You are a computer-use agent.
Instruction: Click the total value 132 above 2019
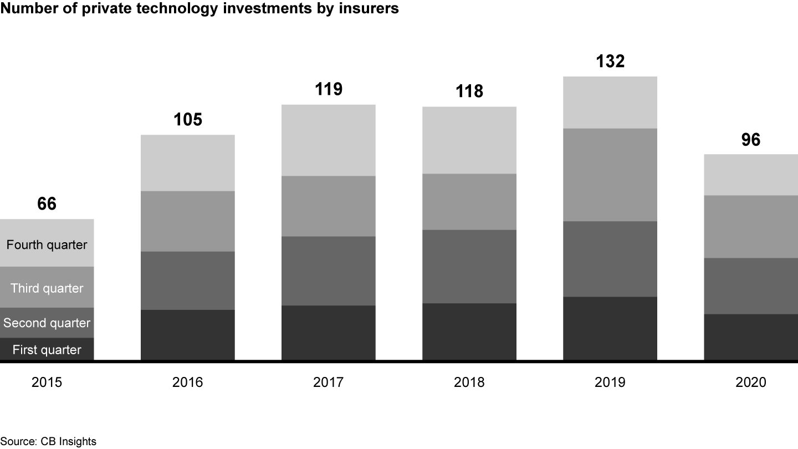(x=610, y=61)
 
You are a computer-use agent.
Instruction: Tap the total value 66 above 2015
(x=47, y=203)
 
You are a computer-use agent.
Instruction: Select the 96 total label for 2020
(x=751, y=140)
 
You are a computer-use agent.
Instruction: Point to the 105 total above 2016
(x=188, y=119)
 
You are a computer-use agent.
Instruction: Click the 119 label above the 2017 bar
(x=329, y=89)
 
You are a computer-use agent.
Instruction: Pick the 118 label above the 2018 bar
(x=469, y=91)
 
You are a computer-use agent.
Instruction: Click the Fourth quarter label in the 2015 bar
(x=47, y=244)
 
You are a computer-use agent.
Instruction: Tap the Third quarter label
(x=47, y=288)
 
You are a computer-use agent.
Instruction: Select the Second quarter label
(x=47, y=323)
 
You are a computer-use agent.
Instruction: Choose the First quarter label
(x=47, y=350)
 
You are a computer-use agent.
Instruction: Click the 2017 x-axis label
(x=329, y=382)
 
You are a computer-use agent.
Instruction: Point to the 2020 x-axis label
(x=751, y=382)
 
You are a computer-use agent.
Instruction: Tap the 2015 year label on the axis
(x=47, y=382)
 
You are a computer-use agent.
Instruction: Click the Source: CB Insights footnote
(x=48, y=441)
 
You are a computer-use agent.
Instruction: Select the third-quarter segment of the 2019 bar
(x=610, y=175)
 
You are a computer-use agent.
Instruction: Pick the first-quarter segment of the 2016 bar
(x=188, y=335)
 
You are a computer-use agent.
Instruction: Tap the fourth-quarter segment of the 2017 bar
(x=329, y=140)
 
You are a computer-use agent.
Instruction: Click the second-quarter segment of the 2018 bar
(x=469, y=266)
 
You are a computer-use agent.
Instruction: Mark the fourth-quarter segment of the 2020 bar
(x=751, y=175)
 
